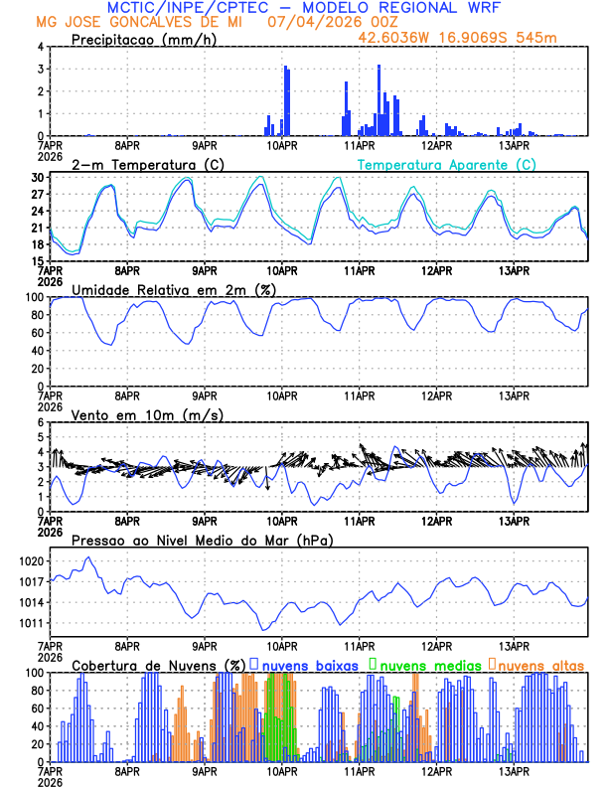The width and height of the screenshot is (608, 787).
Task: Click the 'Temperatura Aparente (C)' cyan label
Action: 446,164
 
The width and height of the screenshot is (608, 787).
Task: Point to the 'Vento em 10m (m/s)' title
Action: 147,414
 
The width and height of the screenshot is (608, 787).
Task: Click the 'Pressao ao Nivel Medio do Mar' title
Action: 202,540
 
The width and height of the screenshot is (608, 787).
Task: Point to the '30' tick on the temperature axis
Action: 37,177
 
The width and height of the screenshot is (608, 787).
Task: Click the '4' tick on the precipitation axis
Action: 40,47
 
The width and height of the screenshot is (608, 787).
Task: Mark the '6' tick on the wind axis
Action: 40,422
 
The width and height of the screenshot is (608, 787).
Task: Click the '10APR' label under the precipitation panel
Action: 282,145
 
